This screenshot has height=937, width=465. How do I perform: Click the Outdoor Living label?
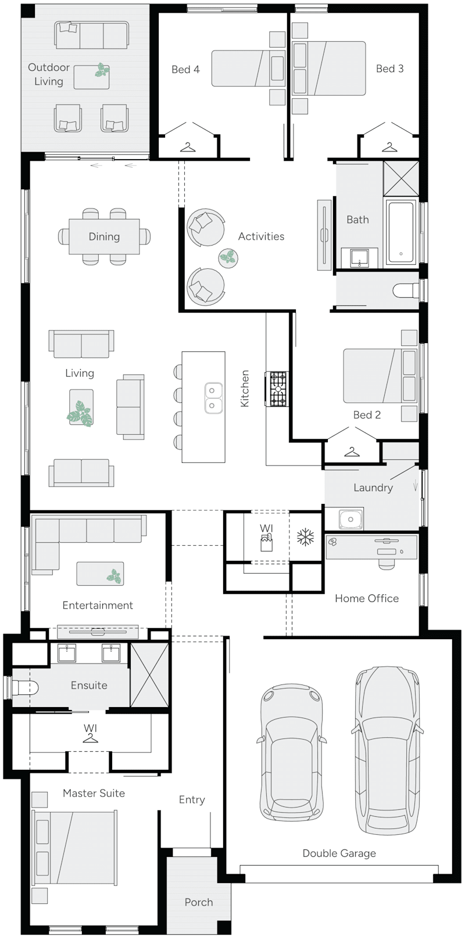pos(48,74)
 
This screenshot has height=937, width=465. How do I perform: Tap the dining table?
pos(104,236)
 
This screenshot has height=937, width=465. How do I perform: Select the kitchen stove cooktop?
pos(277,389)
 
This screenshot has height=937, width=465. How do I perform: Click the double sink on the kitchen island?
pos(213,398)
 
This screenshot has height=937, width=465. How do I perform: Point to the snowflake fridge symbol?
pos(305,538)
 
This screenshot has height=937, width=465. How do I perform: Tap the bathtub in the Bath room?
pos(400,232)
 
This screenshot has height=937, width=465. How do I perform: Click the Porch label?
pos(199,902)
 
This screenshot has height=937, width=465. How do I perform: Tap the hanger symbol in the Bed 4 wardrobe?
pos(188,148)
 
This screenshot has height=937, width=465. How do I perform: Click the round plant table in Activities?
pos(228,257)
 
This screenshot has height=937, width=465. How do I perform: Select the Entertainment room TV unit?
pos(98,631)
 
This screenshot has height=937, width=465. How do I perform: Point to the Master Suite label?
pos(94,793)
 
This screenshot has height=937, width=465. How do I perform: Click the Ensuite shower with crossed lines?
pos(149,675)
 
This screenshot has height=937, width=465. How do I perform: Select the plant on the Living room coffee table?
pos(79,413)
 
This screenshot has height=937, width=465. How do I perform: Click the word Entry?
pos(192,799)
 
